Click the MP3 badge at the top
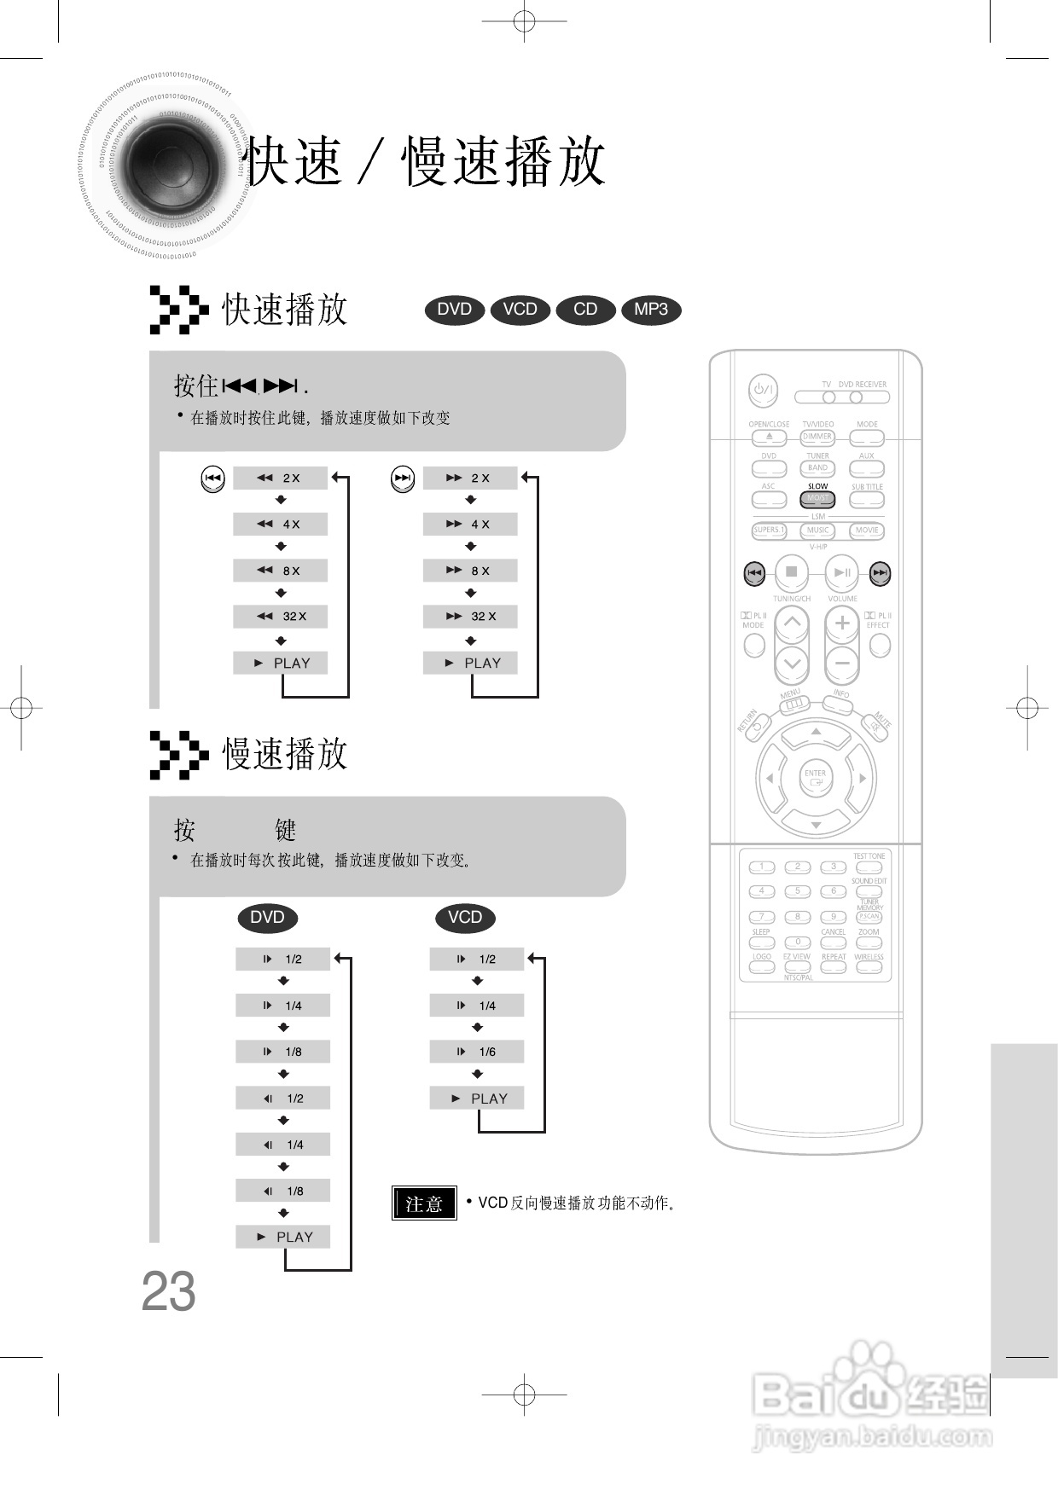click(x=651, y=310)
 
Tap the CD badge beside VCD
click(x=585, y=310)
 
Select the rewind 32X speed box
click(x=280, y=617)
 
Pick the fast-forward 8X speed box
click(x=470, y=571)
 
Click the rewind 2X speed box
click(x=280, y=478)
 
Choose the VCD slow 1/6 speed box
click(x=476, y=1052)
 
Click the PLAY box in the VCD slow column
click(x=476, y=1099)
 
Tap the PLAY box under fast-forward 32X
click(x=470, y=664)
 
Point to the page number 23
click(x=168, y=1292)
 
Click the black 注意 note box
click(x=424, y=1203)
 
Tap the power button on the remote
click(x=763, y=391)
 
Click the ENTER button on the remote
click(x=815, y=777)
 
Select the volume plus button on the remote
click(x=842, y=623)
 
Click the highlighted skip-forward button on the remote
click(x=881, y=573)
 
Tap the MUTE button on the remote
click(x=876, y=727)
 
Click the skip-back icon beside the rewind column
click(x=212, y=478)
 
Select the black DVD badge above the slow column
click(x=267, y=918)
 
